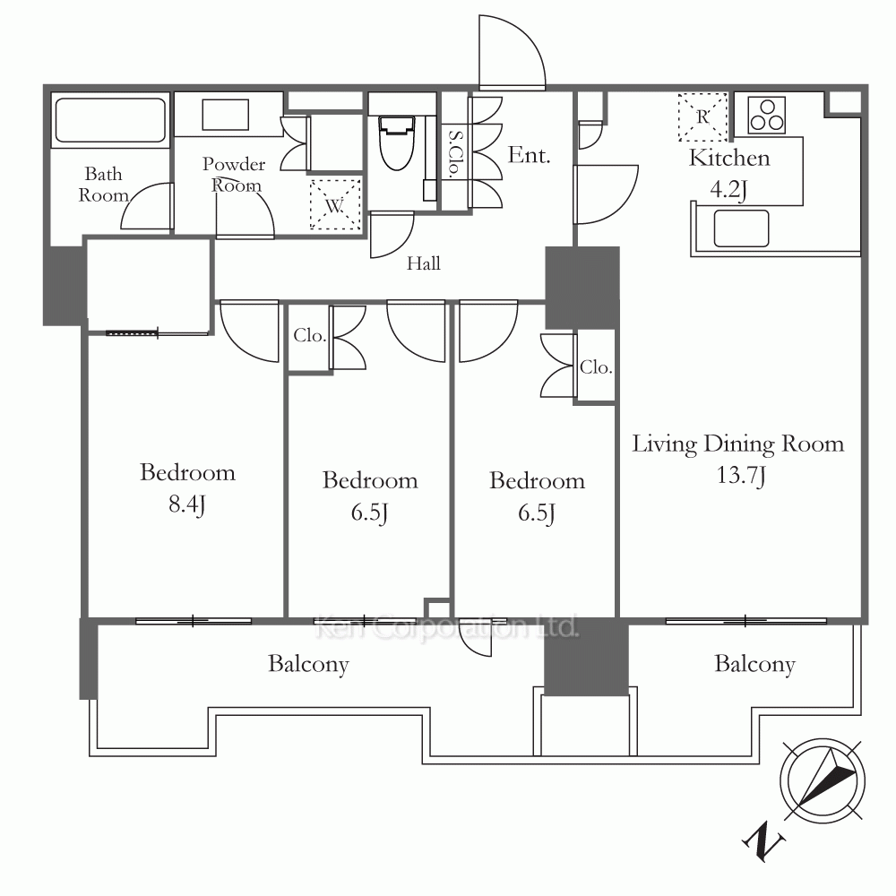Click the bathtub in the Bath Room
point(110,119)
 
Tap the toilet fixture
point(397,142)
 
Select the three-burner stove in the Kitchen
point(767,116)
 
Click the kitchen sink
point(741,228)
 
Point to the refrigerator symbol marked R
point(702,117)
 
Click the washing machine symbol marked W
point(335,204)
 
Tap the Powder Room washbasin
point(226,115)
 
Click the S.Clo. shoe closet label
point(456,154)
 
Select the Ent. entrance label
point(530,155)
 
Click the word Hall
point(424,263)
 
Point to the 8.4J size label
point(187,504)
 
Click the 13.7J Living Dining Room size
point(741,476)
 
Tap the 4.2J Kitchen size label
point(728,189)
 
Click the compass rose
point(823,781)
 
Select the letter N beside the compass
point(763,841)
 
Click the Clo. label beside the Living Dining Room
point(596,366)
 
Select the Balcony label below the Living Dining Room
point(754,665)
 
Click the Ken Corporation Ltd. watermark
point(446,627)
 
